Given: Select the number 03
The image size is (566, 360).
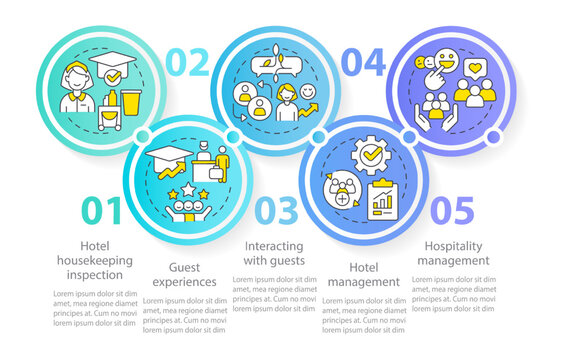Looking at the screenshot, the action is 275,213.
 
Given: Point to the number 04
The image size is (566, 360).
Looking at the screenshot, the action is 362,61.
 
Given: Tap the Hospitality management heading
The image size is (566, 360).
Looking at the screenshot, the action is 456,252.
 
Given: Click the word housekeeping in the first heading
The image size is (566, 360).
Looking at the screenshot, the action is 98,259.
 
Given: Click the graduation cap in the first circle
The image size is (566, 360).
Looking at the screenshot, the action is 112,67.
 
